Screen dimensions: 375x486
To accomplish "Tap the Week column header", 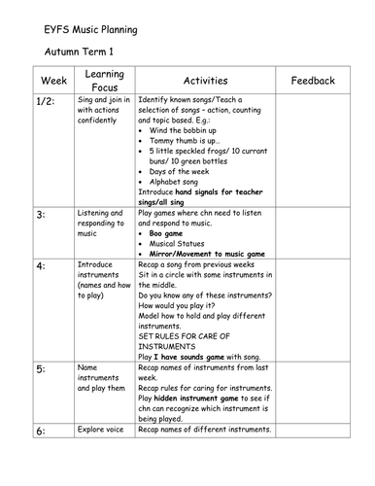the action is [53, 81].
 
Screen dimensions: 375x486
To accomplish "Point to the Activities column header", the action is [205, 81].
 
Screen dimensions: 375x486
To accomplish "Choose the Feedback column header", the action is [312, 81].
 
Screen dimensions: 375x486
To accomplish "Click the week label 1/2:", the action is [47, 101].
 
